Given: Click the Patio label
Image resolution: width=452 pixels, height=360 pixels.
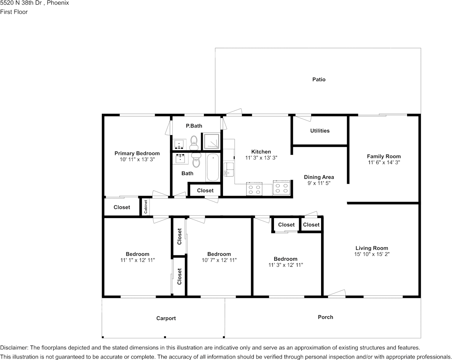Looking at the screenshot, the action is click(319, 79).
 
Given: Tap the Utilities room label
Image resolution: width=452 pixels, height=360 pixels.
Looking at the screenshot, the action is click(320, 131).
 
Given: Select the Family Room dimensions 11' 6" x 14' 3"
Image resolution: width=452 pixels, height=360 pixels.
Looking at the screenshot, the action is click(384, 162).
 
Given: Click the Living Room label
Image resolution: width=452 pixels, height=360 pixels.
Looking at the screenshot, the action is click(372, 248).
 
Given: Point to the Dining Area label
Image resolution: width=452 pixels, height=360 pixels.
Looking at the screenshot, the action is click(319, 177).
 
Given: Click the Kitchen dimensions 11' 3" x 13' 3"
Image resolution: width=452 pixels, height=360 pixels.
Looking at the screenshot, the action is click(261, 158).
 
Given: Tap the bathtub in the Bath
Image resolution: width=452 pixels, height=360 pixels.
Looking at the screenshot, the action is click(213, 167).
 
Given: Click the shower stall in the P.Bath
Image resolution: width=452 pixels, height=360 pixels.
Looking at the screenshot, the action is click(212, 141).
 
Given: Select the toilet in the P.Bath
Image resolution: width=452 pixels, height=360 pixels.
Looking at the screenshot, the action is click(194, 142).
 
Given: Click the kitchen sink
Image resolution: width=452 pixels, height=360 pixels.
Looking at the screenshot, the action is click(228, 169).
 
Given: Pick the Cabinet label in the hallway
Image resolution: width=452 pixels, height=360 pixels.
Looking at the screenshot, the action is click(146, 206).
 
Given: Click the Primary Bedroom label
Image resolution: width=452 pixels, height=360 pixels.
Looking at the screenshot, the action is click(137, 153).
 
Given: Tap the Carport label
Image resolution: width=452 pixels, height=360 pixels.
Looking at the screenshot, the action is click(166, 318).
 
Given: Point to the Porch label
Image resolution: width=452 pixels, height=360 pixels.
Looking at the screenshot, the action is click(325, 317).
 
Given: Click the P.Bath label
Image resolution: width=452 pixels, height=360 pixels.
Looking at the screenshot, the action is click(194, 126).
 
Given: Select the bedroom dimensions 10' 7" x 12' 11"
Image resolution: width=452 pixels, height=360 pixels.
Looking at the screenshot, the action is click(219, 260).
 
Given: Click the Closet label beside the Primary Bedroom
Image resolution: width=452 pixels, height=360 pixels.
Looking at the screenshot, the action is click(122, 207).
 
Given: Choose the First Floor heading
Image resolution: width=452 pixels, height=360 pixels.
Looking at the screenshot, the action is click(14, 12).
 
